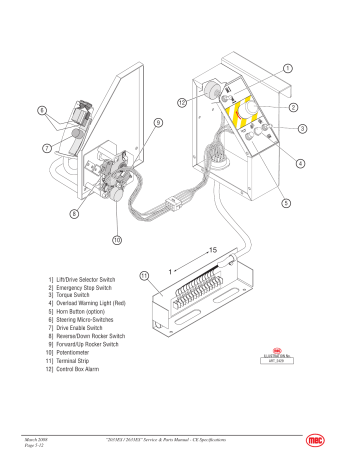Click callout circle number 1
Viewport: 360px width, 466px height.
point(288,68)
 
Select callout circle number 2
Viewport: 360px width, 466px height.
point(293,106)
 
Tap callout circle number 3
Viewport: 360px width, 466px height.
point(302,129)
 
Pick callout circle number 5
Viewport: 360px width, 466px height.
point(286,204)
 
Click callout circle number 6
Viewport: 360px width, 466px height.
point(41,109)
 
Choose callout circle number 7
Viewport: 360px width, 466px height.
point(47,148)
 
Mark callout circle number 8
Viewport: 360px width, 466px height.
point(74,213)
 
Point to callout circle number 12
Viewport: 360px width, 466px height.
point(183,103)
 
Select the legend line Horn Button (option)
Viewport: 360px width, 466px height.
point(77,312)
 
